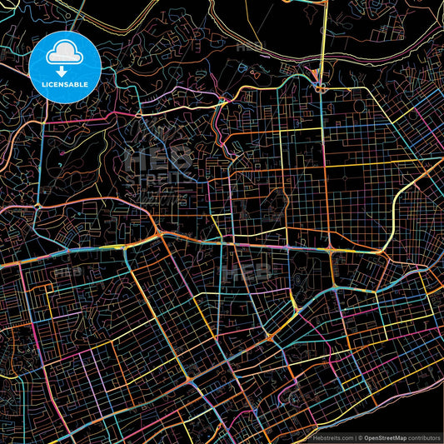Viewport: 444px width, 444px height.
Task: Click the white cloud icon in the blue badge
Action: pyautogui.click(x=64, y=54)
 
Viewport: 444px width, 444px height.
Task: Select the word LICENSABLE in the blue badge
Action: pyautogui.click(x=64, y=85)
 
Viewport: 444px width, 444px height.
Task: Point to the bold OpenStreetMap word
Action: pyautogui.click(x=384, y=437)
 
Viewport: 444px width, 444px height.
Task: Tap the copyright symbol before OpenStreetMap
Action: pyautogui.click(x=359, y=437)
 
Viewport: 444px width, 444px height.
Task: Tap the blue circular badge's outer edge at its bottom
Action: pyautogui.click(x=64, y=103)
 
